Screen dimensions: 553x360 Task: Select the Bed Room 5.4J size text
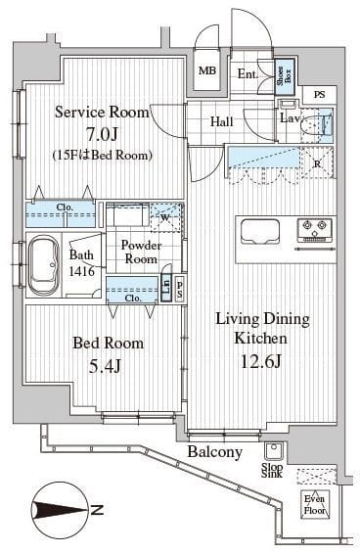pyautogui.click(x=108, y=365)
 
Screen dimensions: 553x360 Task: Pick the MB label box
pyautogui.click(x=208, y=70)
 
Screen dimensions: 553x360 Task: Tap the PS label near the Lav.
pyautogui.click(x=319, y=94)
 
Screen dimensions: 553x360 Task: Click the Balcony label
pyautogui.click(x=216, y=451)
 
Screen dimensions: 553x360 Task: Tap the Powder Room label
pyautogui.click(x=140, y=252)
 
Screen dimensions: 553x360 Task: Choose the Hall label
pyautogui.click(x=221, y=122)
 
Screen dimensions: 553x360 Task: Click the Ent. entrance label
pyautogui.click(x=247, y=72)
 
